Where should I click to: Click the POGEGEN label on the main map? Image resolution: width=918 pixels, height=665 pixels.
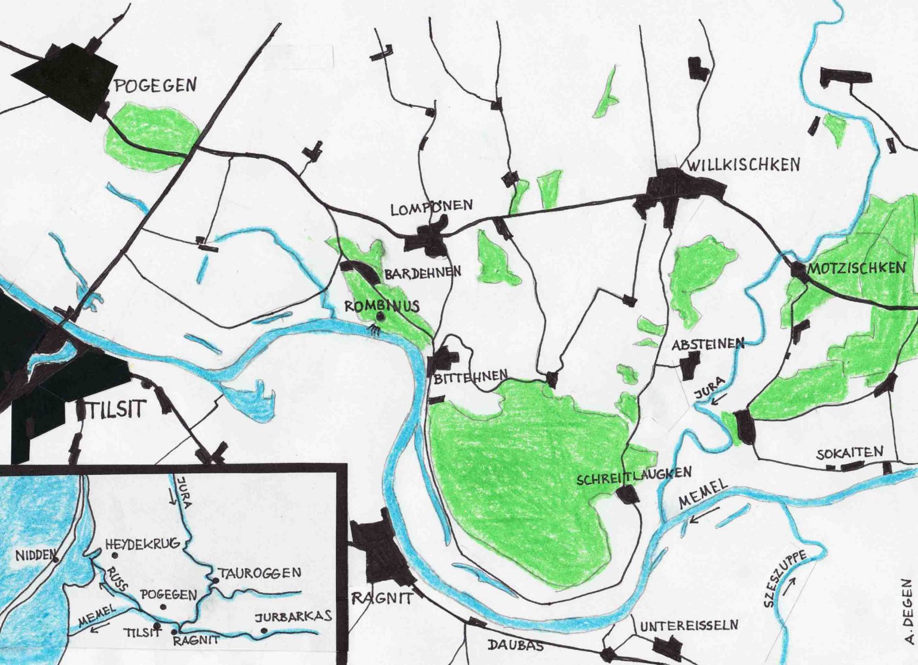coord(155,85)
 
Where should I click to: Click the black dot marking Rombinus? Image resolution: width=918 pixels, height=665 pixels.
coord(379,317)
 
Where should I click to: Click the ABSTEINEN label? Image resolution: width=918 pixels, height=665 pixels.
coord(708,344)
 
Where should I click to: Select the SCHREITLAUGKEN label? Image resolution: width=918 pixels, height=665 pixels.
coord(634,476)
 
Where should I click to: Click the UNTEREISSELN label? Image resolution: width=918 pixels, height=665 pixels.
coord(689,626)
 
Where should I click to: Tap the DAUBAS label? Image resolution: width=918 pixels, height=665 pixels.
coord(515,645)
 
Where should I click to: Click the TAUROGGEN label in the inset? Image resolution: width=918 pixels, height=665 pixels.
coord(259,573)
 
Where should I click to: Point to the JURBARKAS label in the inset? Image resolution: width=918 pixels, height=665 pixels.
coord(293,617)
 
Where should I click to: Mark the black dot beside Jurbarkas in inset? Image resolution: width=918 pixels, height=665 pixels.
coord(264,630)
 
